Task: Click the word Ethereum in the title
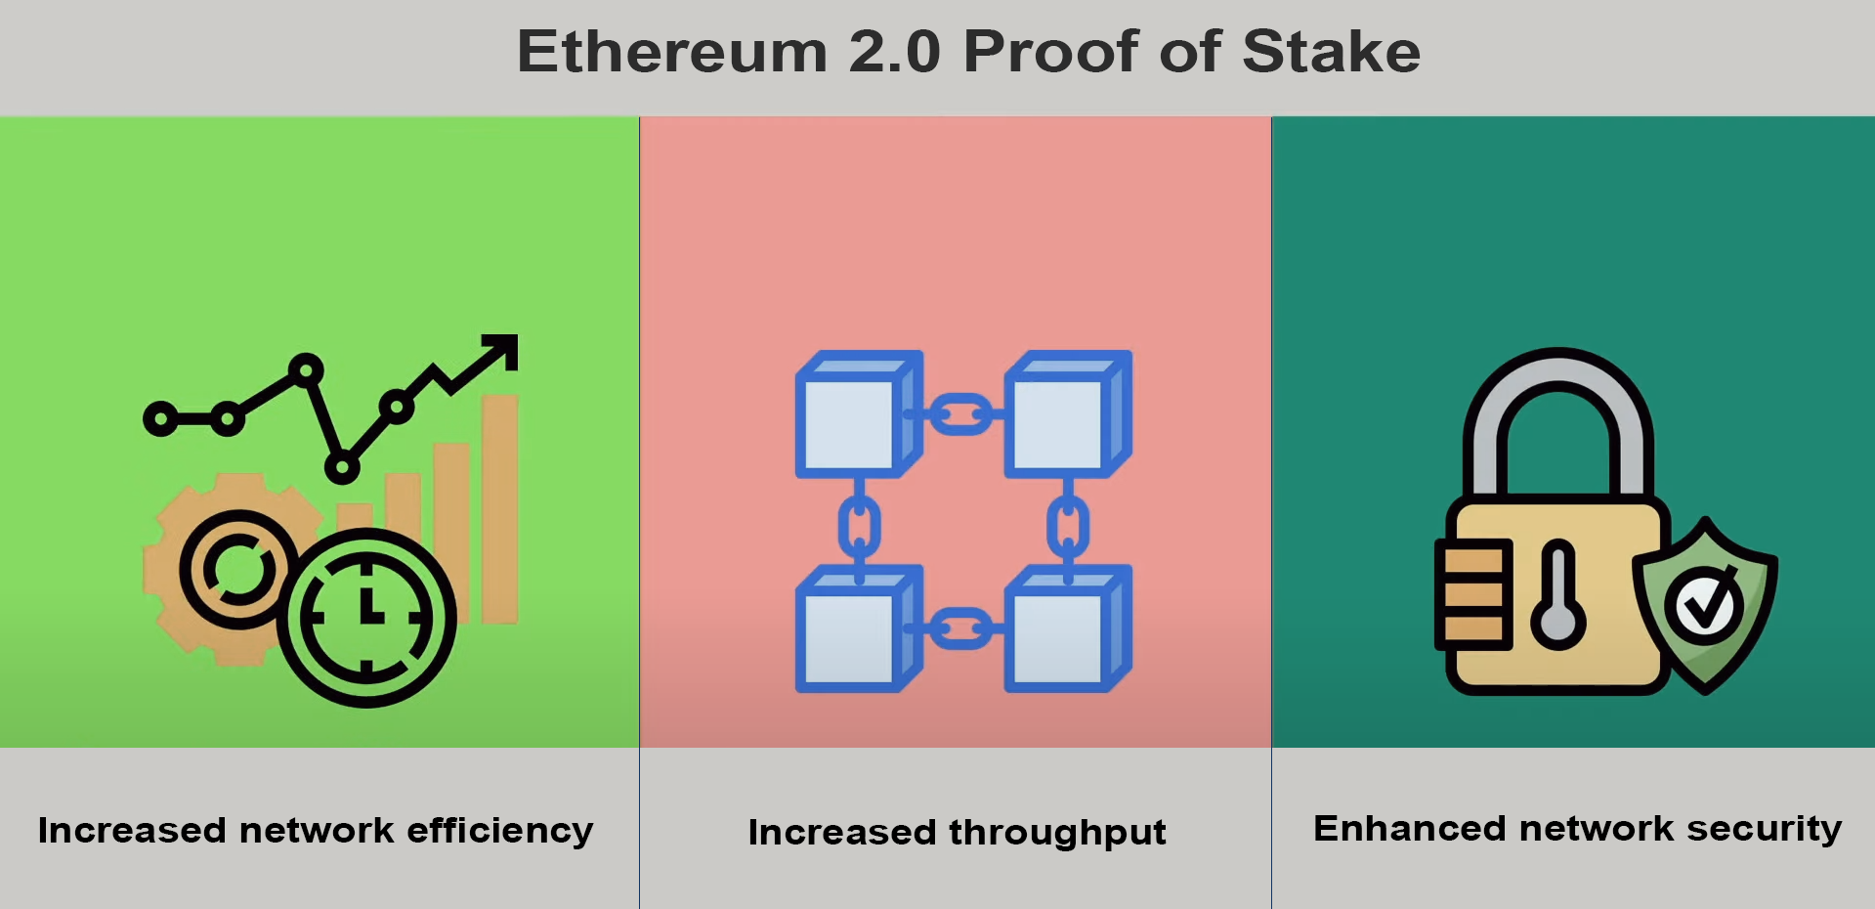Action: click(x=672, y=51)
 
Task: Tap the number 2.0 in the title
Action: click(x=894, y=51)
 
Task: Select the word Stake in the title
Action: click(x=1331, y=51)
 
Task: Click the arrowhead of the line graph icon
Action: click(x=500, y=351)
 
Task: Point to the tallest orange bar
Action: click(x=499, y=508)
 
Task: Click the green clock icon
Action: click(x=366, y=617)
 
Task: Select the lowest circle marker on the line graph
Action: click(x=342, y=466)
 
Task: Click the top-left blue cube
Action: click(x=859, y=414)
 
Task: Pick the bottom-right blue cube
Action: click(x=1068, y=628)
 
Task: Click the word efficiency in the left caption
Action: click(x=500, y=831)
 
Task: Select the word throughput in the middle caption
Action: click(x=1058, y=834)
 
